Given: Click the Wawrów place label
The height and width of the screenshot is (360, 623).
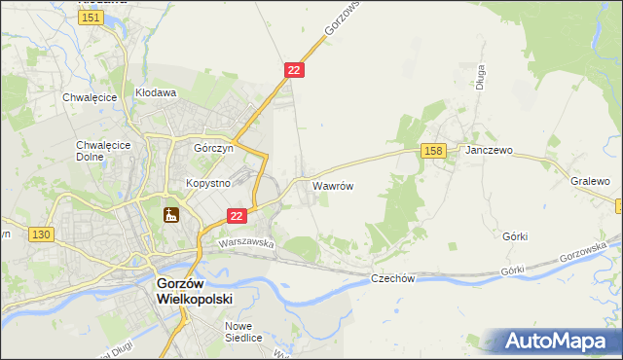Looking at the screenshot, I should (332, 184).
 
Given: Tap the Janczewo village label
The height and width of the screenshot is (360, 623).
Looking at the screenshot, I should (489, 151).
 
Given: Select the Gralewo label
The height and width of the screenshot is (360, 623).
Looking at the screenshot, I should (590, 181).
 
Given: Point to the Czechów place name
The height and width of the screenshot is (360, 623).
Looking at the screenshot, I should (393, 278).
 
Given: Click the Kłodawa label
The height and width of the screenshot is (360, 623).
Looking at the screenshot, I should (155, 93).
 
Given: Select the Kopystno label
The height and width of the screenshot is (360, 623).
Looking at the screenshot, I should (207, 183).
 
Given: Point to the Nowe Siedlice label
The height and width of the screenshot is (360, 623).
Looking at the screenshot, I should (242, 332).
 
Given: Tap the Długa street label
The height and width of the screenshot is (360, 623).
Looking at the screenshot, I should (480, 77).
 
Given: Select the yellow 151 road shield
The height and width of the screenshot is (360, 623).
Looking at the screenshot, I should (92, 18).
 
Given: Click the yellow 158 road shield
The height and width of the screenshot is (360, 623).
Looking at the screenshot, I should (434, 150).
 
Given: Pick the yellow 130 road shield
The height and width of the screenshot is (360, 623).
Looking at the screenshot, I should (40, 234).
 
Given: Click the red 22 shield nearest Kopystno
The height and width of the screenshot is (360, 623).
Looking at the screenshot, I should (237, 215).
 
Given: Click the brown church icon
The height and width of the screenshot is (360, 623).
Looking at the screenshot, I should (171, 215).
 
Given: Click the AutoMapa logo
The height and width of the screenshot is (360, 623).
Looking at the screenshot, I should (557, 342).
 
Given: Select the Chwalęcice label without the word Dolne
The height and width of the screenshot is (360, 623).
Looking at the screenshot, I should (90, 97).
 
